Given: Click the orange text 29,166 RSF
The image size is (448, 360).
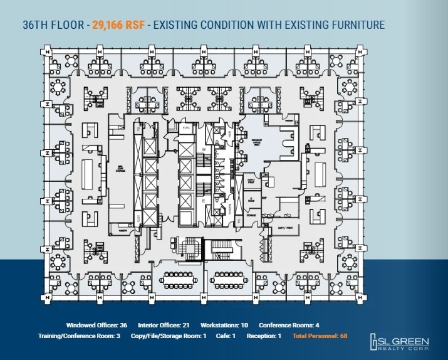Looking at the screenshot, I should point(118,26).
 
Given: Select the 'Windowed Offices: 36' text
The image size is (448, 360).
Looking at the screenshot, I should point(96,326).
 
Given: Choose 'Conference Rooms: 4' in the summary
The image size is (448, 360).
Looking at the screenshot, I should point(289,326).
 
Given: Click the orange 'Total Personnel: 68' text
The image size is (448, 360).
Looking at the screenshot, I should point(319,336).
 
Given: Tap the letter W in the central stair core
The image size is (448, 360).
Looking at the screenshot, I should point(204,149).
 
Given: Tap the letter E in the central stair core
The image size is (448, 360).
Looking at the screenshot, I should point(204,200).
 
